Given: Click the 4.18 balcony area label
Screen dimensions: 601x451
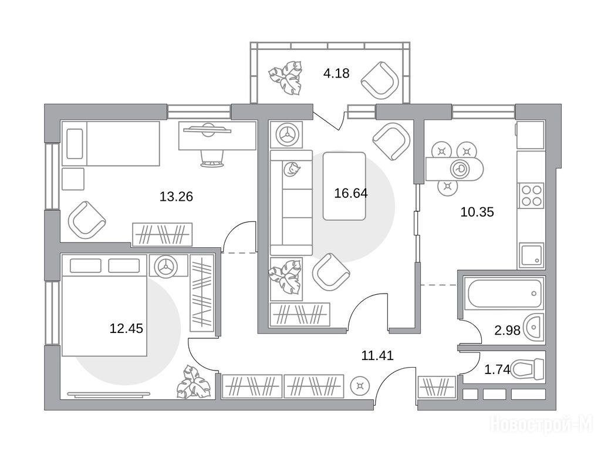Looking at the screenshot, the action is tap(336, 73).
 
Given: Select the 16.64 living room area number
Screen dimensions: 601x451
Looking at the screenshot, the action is tap(351, 193).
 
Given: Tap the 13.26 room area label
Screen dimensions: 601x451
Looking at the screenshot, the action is tap(176, 197).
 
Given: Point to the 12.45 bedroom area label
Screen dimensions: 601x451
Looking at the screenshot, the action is tap(126, 328).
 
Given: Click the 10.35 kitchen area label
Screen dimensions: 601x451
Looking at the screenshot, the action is tap(477, 211).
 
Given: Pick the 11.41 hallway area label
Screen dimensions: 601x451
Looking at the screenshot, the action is tap(377, 355).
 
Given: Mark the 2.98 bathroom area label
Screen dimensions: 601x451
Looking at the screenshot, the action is tap(507, 330).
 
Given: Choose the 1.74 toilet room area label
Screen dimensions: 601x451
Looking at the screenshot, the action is tap(498, 370).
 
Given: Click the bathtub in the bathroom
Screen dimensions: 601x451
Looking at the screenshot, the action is tap(504, 293).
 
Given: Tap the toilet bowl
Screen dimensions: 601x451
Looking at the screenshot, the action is tap(528, 369).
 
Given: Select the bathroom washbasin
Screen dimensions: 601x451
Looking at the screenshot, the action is tap(535, 328).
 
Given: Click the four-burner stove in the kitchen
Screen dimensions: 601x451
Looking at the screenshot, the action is tap(531, 196).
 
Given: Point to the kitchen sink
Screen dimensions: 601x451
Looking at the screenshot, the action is tap(532, 255).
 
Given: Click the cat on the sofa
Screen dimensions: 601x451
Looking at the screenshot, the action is tap(291, 169).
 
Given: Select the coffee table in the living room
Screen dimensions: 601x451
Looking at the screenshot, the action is tap(344, 186).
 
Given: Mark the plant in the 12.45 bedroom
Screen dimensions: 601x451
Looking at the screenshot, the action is tap(194, 382).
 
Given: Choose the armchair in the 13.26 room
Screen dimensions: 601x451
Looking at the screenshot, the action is tap(87, 220).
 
